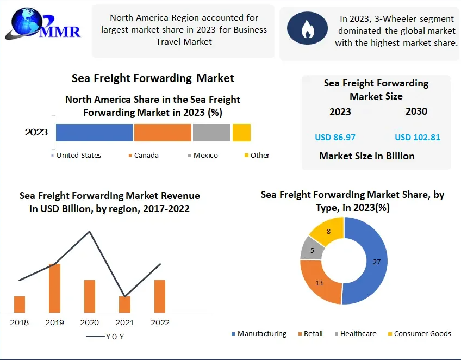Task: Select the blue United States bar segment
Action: point(94,133)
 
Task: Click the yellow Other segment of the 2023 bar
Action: point(241,133)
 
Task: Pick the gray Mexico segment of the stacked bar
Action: point(211,133)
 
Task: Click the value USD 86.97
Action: point(335,137)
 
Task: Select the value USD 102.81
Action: point(418,137)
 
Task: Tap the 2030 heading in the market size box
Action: point(416,111)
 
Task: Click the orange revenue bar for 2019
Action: point(54,288)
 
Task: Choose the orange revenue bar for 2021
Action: point(124,305)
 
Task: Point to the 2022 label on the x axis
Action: point(159,322)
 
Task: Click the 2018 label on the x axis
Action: point(20,322)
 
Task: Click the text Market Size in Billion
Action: point(366,156)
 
